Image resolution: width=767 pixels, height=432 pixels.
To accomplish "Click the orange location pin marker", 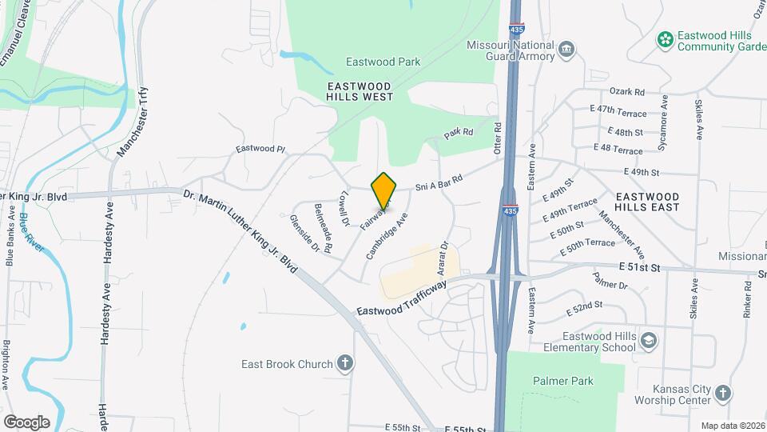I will coord(384,191).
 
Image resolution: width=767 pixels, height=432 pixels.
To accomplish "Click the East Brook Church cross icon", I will coord(345,364).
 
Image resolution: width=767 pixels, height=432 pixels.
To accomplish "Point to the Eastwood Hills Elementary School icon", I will coord(649,342).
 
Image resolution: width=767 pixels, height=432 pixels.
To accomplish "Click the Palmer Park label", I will coord(566,381).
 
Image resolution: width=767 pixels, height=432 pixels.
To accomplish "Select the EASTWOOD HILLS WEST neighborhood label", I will coord(360,90).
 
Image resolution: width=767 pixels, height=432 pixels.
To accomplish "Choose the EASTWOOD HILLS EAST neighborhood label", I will coord(647,201).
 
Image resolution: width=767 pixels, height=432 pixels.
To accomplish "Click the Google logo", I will coord(26,422).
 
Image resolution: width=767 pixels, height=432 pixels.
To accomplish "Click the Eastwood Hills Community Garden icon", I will coord(664,38).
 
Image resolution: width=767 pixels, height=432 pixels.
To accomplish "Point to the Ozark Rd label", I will coord(626,92).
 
